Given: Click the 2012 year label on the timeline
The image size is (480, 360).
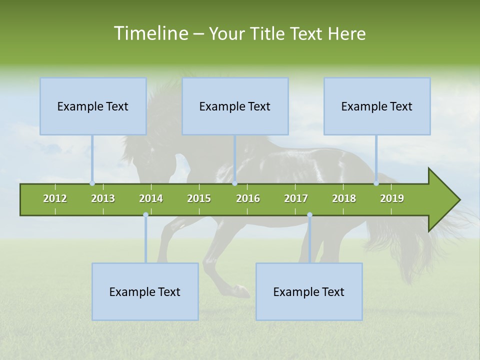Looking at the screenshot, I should (x=55, y=198).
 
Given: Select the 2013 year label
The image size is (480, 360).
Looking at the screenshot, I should (x=103, y=198).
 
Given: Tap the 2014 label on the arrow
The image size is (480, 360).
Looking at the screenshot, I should (x=151, y=198).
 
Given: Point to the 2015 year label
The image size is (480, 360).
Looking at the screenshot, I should (x=199, y=198).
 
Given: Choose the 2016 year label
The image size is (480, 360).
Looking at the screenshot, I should (x=248, y=198).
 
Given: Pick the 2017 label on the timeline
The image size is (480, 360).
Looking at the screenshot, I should (x=296, y=198).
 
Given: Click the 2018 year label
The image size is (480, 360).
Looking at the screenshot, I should (x=344, y=198).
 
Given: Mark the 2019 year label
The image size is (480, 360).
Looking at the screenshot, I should (x=392, y=198).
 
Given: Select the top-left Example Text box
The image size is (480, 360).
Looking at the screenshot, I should (x=93, y=106).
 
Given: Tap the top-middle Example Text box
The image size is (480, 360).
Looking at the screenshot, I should (x=235, y=106).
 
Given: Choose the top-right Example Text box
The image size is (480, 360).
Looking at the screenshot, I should (x=377, y=106).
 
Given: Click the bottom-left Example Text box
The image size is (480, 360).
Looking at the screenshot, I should (x=145, y=292).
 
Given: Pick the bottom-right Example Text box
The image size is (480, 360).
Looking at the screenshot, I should (x=309, y=292).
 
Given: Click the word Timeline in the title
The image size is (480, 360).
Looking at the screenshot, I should (x=150, y=33).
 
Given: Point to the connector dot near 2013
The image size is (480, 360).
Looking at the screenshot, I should (x=92, y=183).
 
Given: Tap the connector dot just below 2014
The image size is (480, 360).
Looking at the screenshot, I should (x=145, y=215).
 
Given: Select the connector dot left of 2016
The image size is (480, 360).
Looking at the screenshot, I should (x=235, y=183).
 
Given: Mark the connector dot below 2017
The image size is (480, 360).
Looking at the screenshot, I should (x=309, y=215).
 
